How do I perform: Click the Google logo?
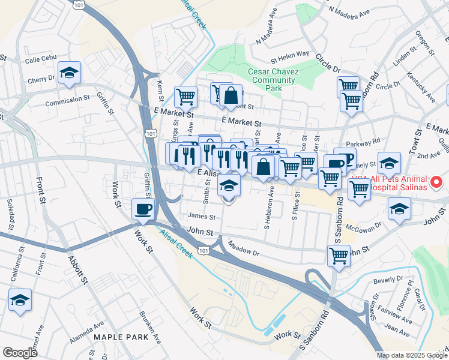[x=20, y=353]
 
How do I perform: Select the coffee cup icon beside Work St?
[x=143, y=209]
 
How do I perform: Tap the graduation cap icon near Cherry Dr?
[x=70, y=73]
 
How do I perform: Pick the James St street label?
[x=200, y=217]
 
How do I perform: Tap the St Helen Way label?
[x=289, y=60]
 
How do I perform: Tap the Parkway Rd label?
[x=367, y=142]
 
